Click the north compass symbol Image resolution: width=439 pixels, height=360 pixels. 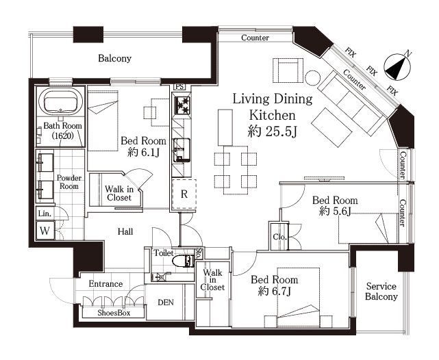pos(397,66)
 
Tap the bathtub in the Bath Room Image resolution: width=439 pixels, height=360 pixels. pos(60,101)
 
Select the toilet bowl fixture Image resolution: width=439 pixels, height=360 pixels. pos(183,261)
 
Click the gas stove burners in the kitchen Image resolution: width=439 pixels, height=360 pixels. pos(181,105)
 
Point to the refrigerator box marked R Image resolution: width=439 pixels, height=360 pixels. pos(184,194)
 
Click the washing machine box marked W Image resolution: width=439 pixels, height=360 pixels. pos(45,231)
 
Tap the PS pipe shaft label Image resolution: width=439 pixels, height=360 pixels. pos(179,87)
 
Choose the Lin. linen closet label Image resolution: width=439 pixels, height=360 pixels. pos(45,214)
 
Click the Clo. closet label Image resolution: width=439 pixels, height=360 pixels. pos(280,237)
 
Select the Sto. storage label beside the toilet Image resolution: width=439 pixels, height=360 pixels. pos(199,253)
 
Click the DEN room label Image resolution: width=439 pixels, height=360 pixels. pos(166,303)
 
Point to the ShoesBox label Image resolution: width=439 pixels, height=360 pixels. pos(114,313)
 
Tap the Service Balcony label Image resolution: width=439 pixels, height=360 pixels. pos(381,292)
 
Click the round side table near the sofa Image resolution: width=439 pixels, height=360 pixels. pos(313,78)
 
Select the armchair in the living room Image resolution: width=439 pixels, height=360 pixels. pos(288,70)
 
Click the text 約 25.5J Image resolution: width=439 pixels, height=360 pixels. pos(272,131)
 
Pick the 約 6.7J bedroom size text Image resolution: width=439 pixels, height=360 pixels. pos(275,292)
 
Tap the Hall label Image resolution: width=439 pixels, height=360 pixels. pos(125,231)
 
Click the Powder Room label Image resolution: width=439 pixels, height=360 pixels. pos(69,182)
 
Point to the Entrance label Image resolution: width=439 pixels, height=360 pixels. pos(105,284)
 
